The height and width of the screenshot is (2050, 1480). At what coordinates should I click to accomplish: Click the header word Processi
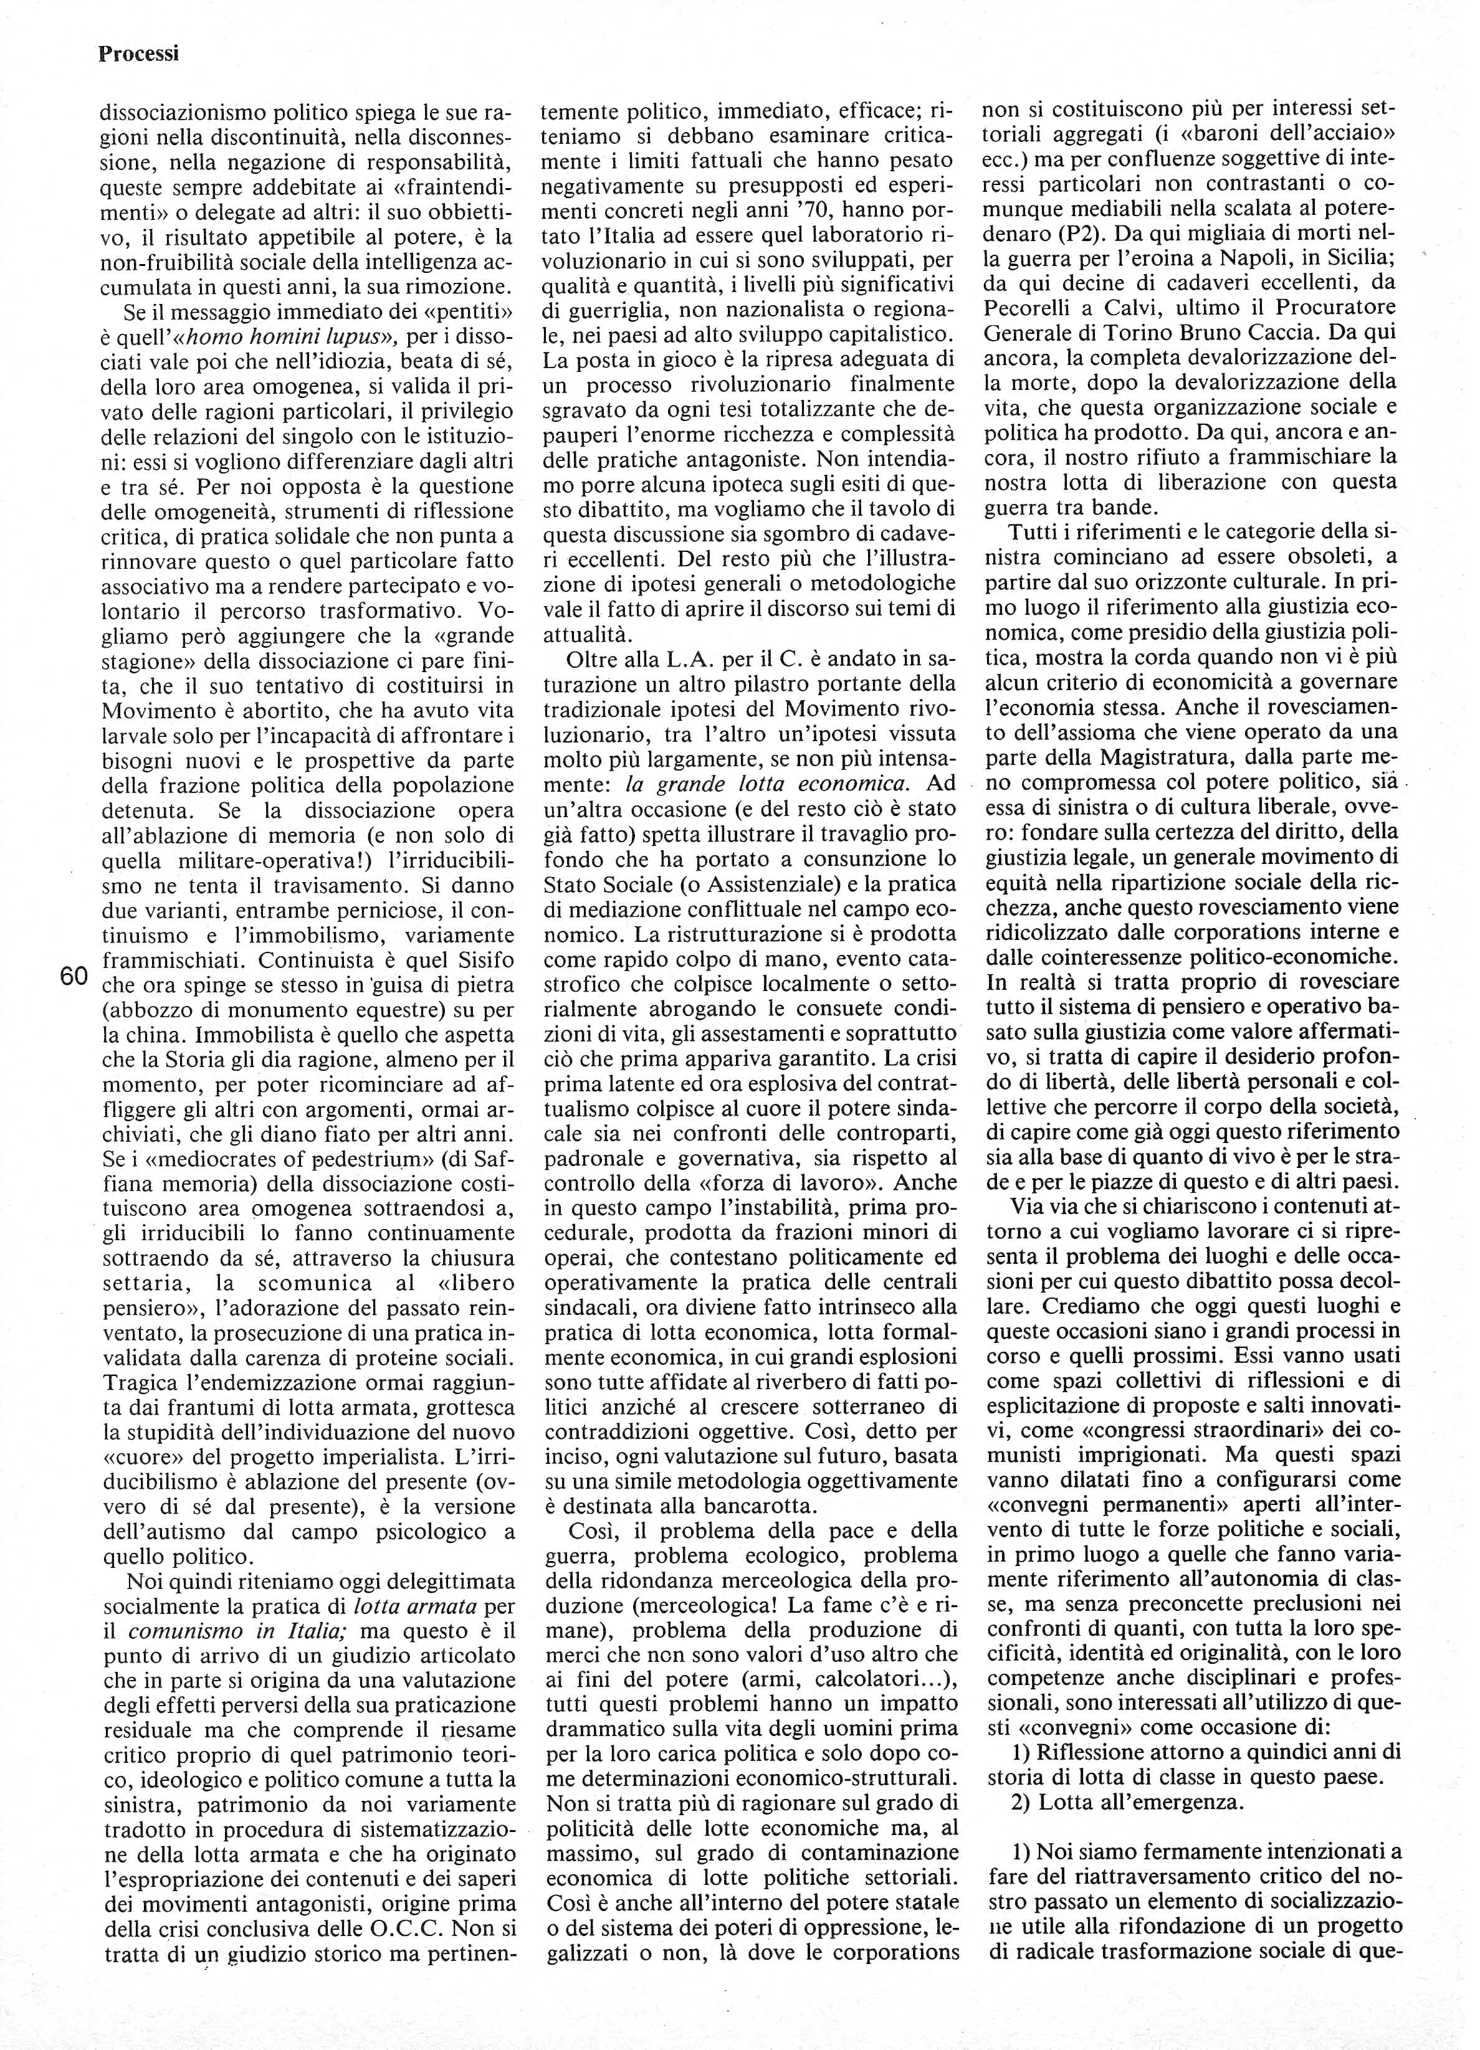pyautogui.click(x=138, y=54)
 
